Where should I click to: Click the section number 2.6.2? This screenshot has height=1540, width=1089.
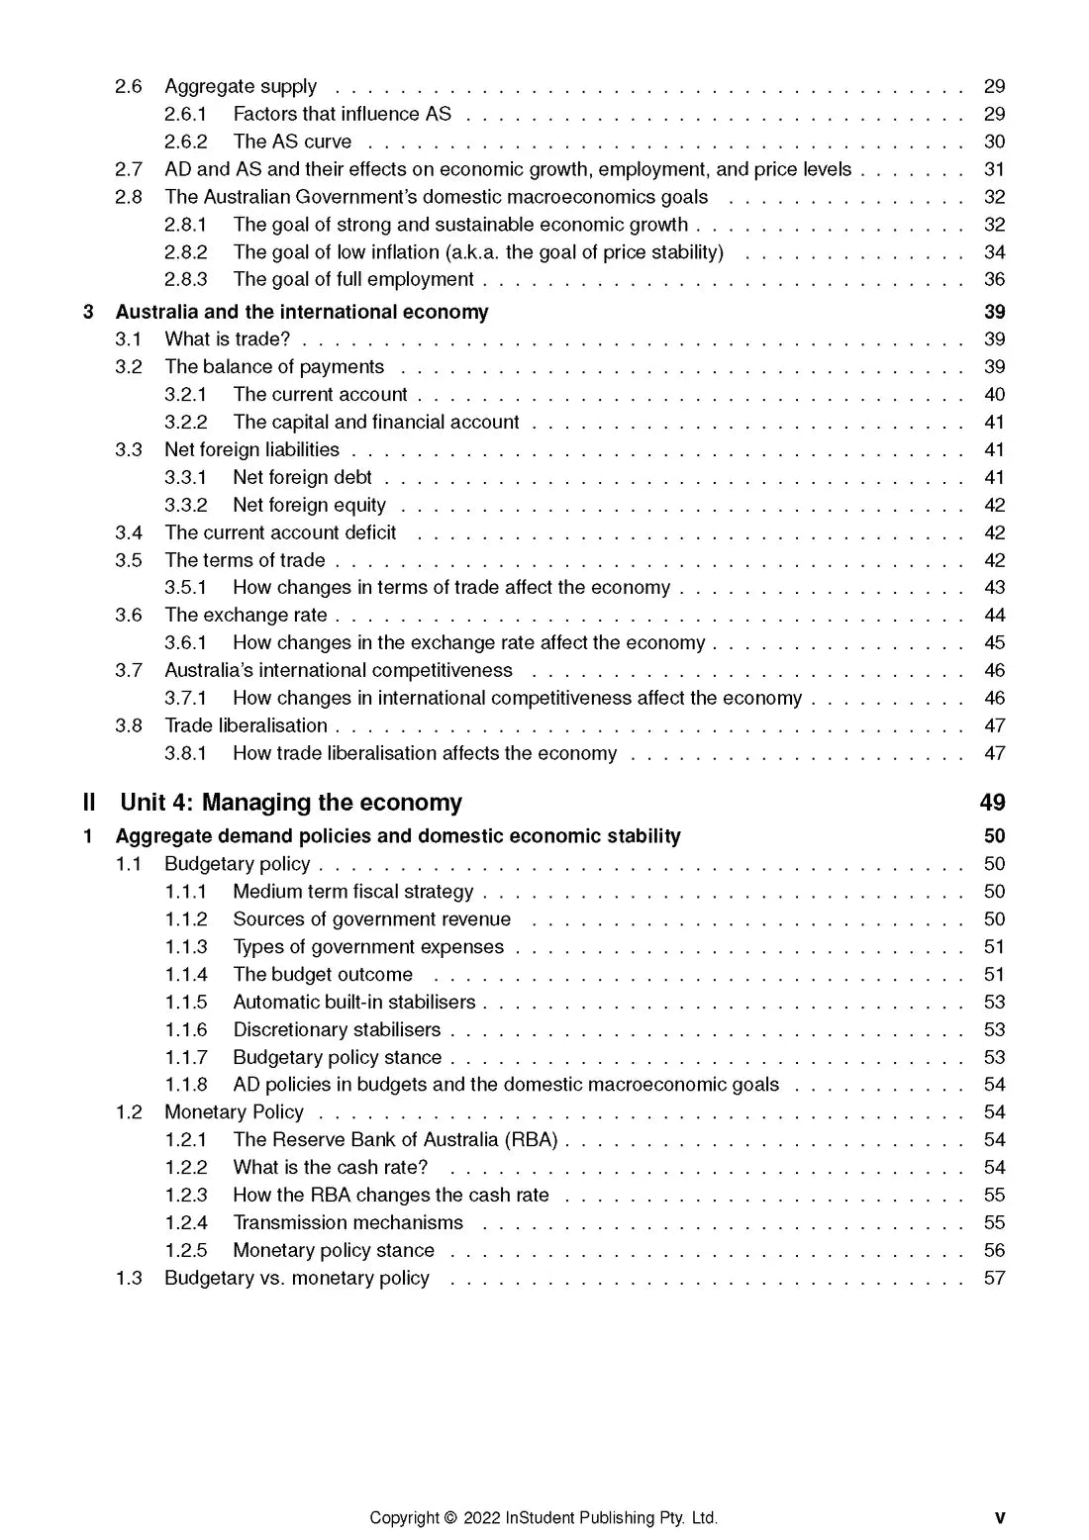(x=185, y=142)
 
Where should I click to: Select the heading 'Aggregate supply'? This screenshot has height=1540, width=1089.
(x=241, y=86)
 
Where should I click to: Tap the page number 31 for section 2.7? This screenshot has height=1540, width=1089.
(x=994, y=169)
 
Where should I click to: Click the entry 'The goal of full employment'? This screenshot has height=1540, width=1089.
(x=353, y=279)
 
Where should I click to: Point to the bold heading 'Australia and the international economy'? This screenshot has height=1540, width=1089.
(x=302, y=312)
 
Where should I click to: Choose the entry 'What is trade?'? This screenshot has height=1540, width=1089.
(x=228, y=338)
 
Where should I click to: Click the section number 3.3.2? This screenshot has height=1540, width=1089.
(x=185, y=505)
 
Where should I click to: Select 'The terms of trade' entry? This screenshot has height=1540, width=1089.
(x=245, y=560)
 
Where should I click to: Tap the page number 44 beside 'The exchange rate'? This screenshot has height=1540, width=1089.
(x=994, y=615)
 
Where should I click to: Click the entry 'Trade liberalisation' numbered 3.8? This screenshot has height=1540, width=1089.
(x=246, y=725)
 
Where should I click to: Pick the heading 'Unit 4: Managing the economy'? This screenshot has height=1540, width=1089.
(x=291, y=802)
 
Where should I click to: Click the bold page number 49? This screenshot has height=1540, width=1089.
(x=992, y=802)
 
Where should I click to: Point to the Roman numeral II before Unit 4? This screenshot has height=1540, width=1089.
(x=89, y=802)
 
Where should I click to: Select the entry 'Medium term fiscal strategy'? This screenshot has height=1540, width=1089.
(x=352, y=892)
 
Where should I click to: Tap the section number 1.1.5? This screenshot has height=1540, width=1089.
(x=185, y=1002)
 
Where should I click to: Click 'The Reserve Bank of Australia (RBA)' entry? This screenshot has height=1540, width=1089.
(x=395, y=1140)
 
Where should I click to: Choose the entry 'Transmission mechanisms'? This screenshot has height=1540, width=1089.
(x=347, y=1222)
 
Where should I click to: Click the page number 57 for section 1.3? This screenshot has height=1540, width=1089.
(x=994, y=1278)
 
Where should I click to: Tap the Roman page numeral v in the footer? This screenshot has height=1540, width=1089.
(x=999, y=1518)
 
